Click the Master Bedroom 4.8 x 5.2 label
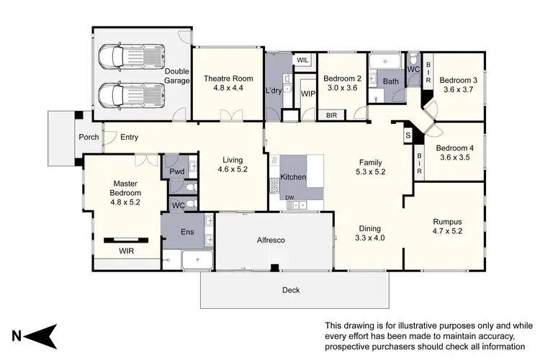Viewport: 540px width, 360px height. click(125, 193)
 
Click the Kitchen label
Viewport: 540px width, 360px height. click(294, 176)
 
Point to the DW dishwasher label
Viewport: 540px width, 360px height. click(289, 197)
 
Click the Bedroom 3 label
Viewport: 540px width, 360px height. click(457, 84)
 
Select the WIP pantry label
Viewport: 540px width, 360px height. click(308, 94)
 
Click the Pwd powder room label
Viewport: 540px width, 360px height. click(177, 172)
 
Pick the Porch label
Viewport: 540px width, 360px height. click(89, 137)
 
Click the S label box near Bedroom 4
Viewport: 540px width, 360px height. click(408, 135)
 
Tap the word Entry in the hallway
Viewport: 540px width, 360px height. click(130, 137)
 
